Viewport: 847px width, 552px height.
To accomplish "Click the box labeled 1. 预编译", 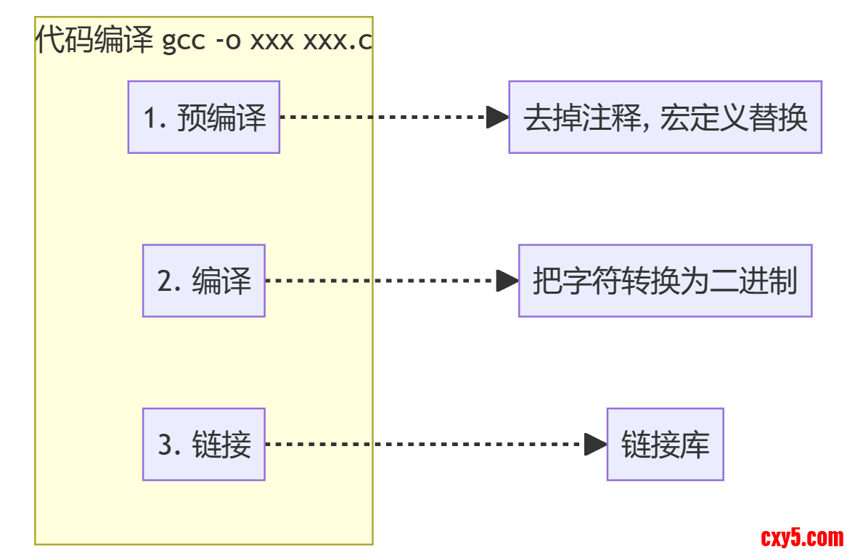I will pos(204,117).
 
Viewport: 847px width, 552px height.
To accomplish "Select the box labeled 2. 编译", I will pos(204,281).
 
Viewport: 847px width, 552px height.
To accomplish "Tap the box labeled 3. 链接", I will pos(204,444).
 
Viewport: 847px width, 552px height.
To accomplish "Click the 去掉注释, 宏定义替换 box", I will pos(665,117).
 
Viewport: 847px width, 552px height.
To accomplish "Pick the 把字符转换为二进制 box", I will pos(665,281).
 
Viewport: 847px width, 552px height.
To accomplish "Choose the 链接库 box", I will pos(665,444).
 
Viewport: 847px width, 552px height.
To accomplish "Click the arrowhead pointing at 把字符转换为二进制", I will pos(507,281).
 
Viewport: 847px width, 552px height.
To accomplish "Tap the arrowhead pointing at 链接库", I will pos(595,444).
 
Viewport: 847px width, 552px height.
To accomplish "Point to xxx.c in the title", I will pos(337,41).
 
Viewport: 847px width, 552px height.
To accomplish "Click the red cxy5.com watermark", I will pos(802,537).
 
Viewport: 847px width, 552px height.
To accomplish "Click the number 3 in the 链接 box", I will pos(166,445).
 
